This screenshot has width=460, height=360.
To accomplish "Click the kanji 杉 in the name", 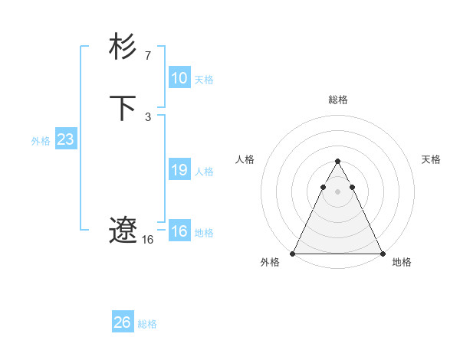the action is click(123, 47).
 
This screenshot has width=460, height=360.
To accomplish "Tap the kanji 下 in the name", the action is click(123, 108).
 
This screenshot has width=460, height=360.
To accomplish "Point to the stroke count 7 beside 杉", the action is click(147, 55).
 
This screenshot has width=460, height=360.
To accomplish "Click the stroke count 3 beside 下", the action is click(147, 116).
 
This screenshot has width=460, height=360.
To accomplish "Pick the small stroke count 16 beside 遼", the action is click(147, 240).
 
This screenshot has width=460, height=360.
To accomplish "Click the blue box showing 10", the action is click(179, 77).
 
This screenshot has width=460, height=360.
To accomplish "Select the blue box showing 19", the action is click(179, 170).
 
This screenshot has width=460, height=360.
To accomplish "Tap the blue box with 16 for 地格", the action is click(179, 231).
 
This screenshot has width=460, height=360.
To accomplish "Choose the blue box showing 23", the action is click(65, 139).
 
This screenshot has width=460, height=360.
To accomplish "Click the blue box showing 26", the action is click(122, 322).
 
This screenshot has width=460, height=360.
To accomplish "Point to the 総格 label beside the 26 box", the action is click(147, 324).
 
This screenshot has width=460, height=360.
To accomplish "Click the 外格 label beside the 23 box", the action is click(41, 141).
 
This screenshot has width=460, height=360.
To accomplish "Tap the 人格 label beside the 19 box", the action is click(205, 172).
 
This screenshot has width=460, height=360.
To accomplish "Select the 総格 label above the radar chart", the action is click(337, 100).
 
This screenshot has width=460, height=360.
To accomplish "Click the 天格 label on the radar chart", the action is click(431, 159).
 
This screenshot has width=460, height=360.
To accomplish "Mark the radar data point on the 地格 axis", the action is click(382, 253).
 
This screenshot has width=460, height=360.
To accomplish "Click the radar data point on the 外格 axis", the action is click(293, 253).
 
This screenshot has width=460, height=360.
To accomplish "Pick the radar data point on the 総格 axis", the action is click(337, 162).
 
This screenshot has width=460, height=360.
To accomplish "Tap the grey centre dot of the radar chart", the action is click(337, 190).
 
